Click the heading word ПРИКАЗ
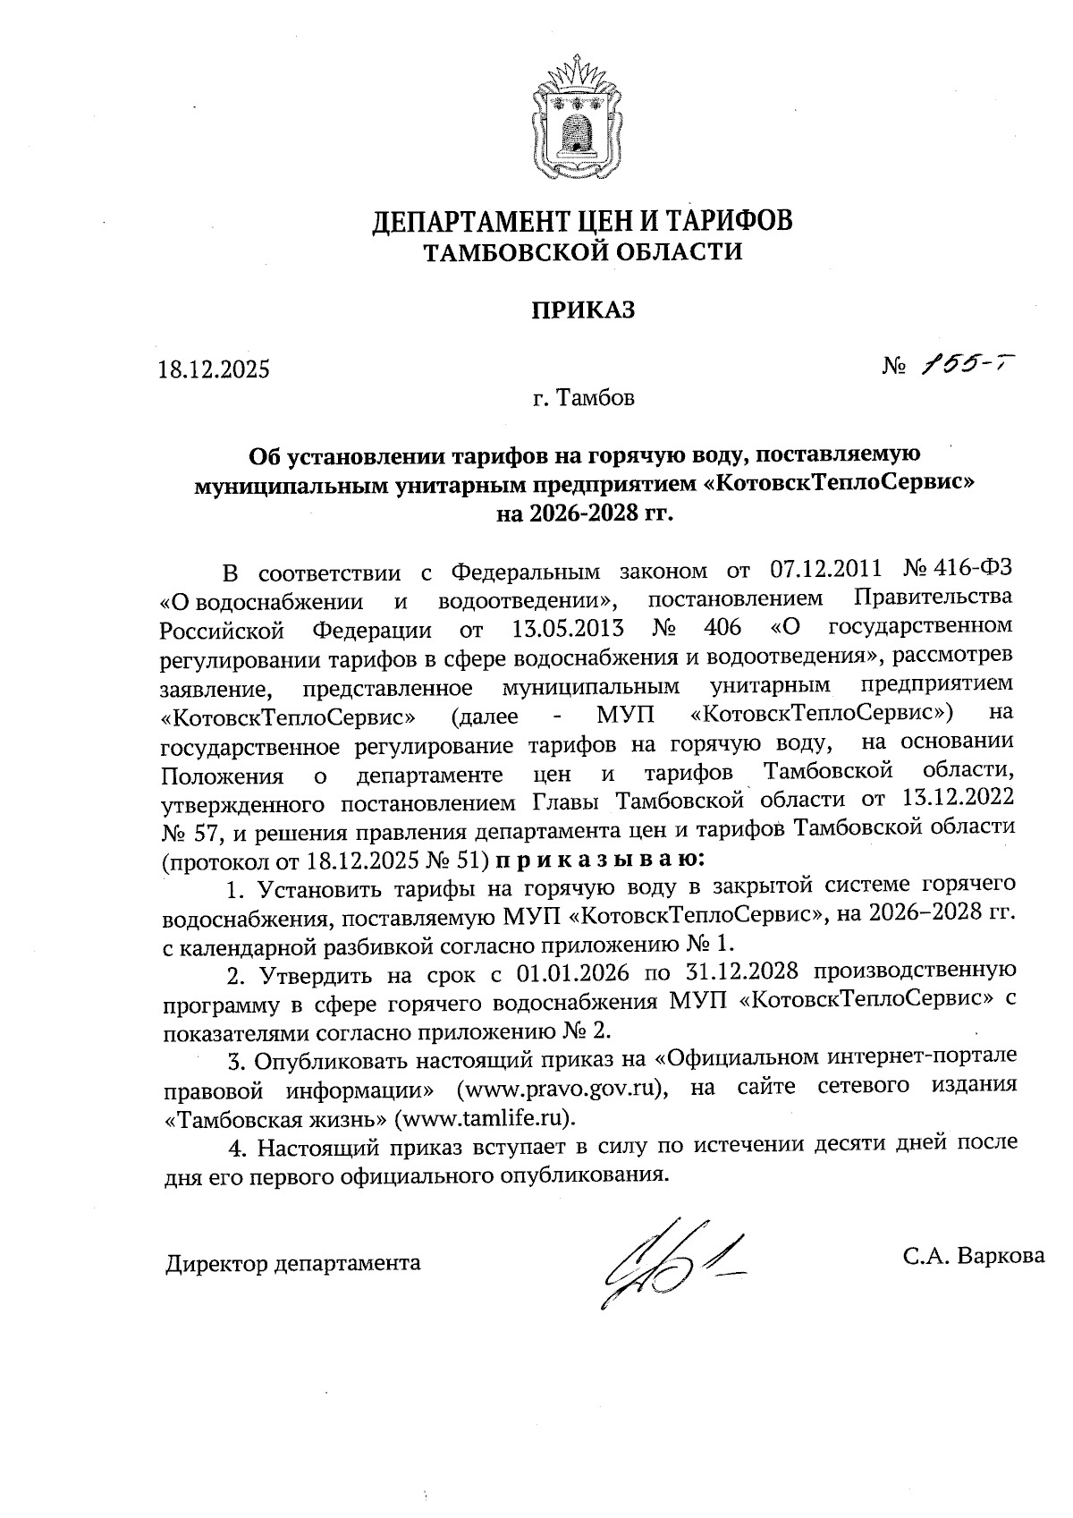tap(583, 310)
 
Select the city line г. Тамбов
tap(583, 397)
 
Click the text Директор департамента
tap(292, 1263)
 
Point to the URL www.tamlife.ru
tap(486, 1117)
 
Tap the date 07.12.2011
tap(824, 569)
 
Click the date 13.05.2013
tap(568, 625)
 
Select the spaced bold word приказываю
tap(599, 860)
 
